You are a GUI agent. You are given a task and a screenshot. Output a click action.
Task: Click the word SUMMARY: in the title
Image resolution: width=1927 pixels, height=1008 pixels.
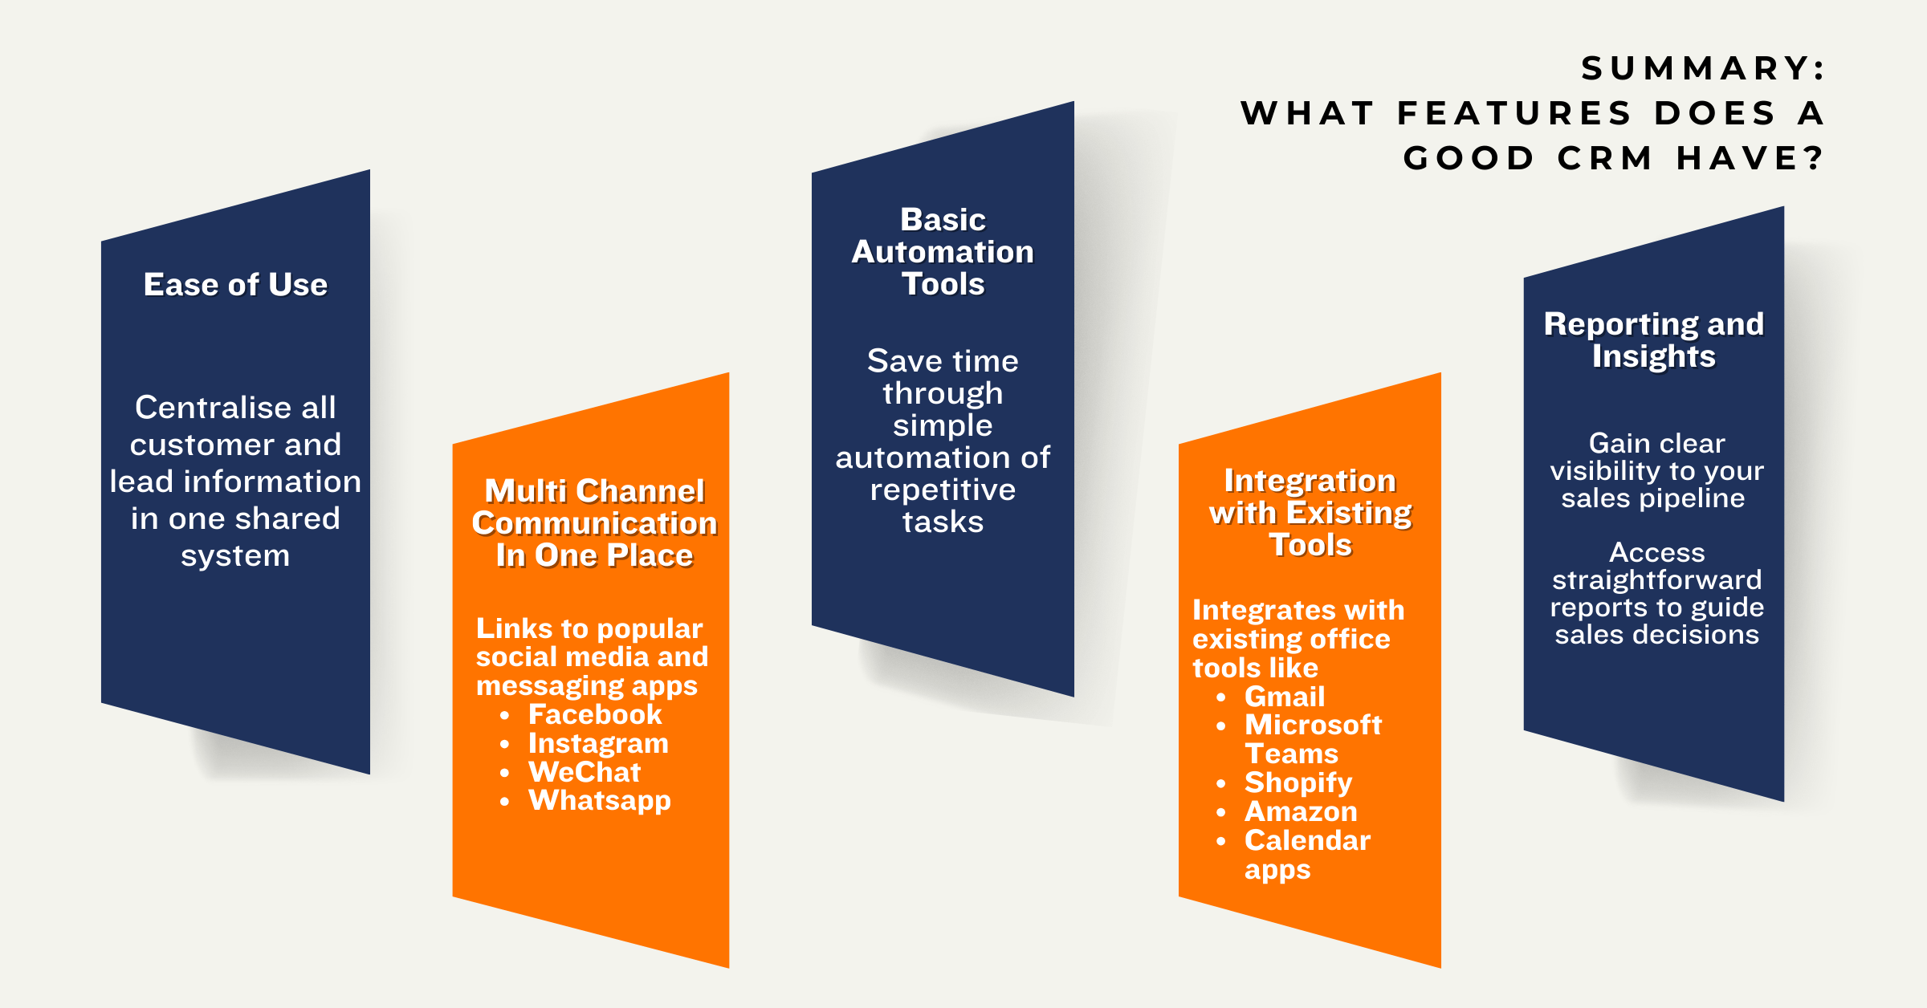1703,68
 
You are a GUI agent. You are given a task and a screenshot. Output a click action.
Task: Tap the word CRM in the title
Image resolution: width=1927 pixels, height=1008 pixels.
1605,158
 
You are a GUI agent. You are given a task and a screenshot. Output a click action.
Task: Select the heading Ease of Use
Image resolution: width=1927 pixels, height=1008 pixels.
235,285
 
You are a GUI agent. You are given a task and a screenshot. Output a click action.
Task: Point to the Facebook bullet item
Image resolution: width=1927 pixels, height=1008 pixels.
594,714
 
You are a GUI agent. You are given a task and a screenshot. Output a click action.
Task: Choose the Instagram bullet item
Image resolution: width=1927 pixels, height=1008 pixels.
598,743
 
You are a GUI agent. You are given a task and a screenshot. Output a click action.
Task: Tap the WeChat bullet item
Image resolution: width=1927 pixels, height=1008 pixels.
585,772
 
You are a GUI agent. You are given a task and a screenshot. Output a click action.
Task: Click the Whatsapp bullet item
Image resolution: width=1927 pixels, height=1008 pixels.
599,800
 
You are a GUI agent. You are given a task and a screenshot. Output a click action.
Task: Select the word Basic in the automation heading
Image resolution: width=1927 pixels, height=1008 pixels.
943,220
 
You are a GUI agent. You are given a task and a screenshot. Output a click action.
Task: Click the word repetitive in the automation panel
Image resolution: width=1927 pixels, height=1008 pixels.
943,490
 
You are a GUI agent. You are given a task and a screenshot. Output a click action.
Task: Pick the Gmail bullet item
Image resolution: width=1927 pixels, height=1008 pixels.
1285,697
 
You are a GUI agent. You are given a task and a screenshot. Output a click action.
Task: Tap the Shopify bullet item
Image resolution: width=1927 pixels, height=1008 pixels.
1298,782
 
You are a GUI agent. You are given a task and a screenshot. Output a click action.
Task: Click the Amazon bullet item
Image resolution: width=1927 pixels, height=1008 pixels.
1301,811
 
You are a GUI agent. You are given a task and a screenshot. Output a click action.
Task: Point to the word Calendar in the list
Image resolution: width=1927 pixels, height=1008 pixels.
1307,840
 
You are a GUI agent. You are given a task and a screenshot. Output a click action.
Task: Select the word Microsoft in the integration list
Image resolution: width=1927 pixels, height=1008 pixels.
1313,726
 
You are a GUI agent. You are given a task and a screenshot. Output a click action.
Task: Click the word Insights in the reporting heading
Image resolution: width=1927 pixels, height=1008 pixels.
1653,356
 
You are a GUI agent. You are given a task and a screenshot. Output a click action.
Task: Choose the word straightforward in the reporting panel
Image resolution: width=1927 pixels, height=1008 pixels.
1656,580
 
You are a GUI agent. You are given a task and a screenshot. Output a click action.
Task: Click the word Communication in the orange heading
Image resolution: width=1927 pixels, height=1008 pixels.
594,523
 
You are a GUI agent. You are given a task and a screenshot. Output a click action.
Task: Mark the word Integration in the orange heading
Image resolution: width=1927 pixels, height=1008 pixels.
1310,481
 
